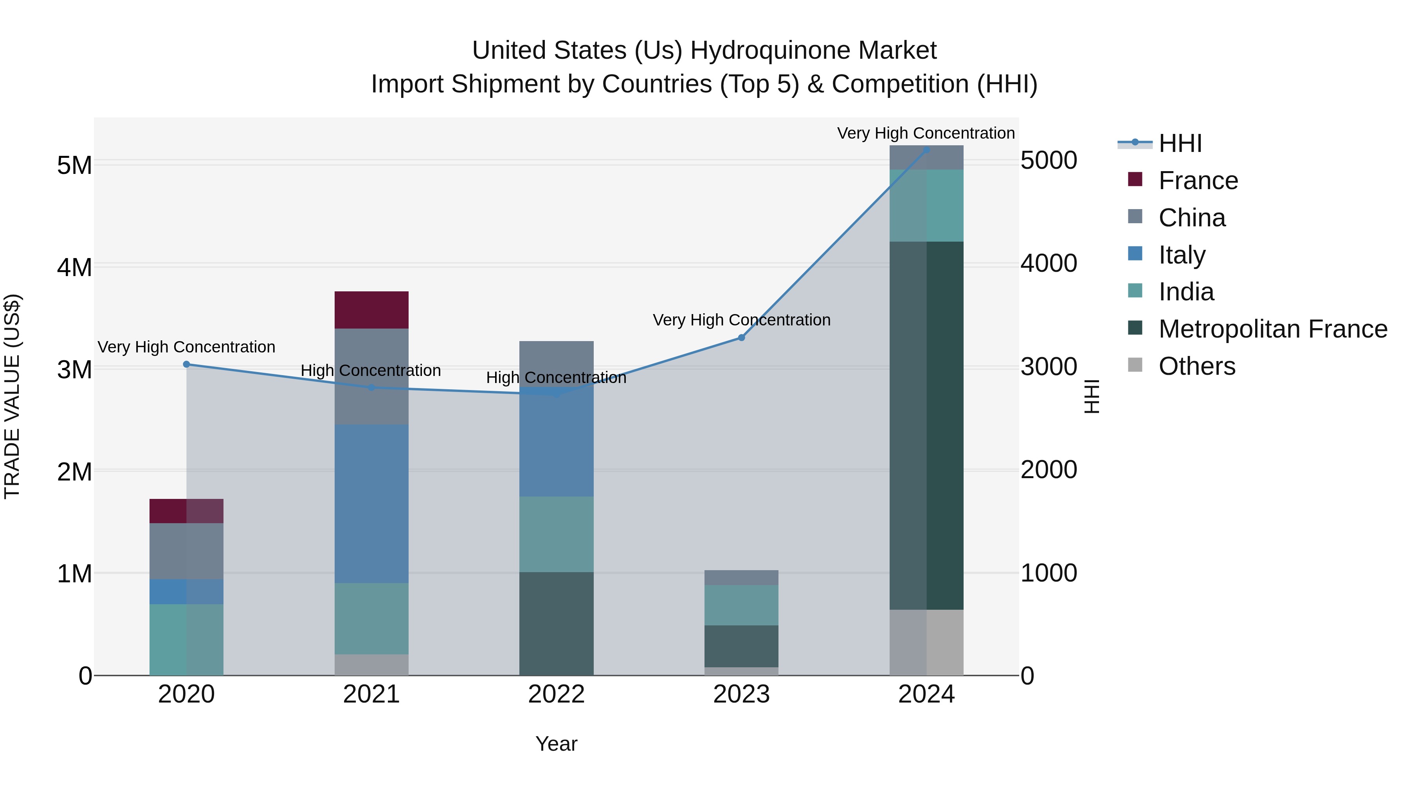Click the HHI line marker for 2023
(741, 338)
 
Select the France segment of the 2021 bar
(371, 310)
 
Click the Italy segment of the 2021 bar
(371, 504)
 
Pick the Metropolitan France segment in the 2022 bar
(556, 623)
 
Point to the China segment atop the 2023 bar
(741, 577)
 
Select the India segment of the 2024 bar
(926, 205)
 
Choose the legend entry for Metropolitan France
(1272, 329)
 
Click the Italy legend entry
(1182, 255)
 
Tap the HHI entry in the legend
(1180, 143)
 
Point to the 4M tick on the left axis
(74, 267)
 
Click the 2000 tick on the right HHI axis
(1049, 470)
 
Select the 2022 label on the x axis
(556, 694)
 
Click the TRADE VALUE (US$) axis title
(12, 396)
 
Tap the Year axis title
(556, 744)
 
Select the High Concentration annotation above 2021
(371, 370)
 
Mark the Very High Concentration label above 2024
(926, 133)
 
